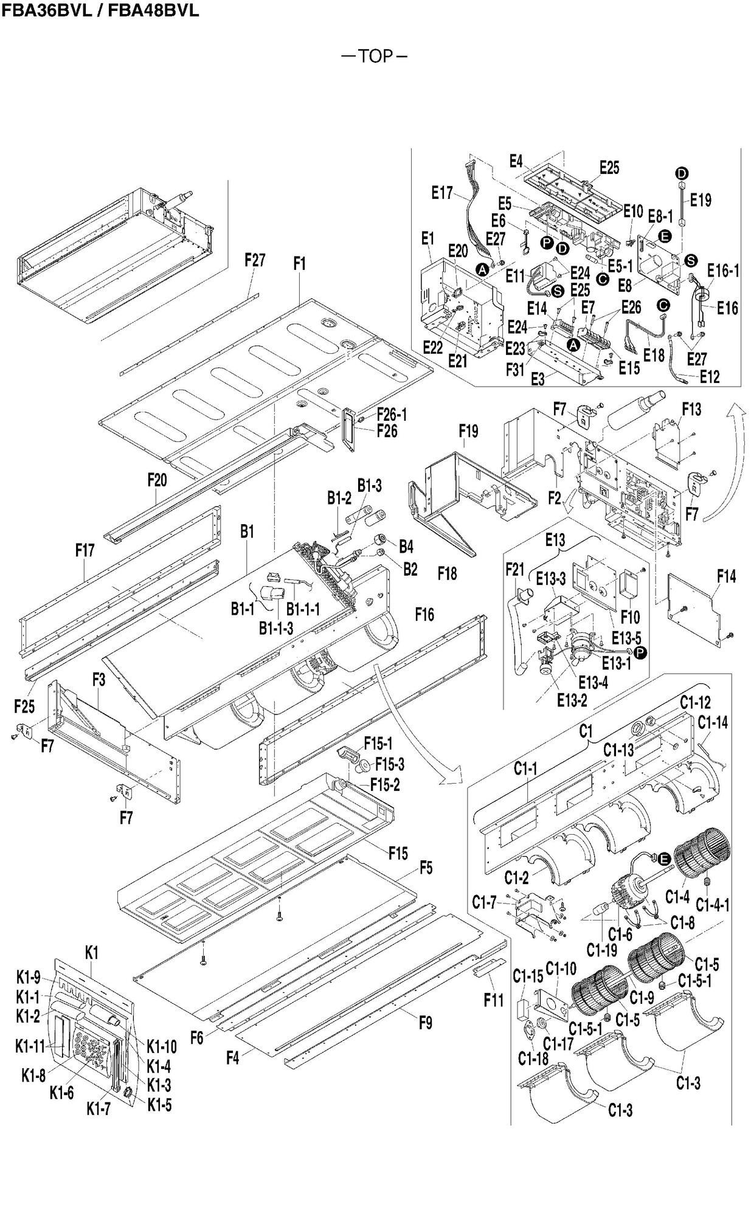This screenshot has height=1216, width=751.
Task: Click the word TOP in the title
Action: tap(375, 56)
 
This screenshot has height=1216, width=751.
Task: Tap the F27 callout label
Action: tap(255, 260)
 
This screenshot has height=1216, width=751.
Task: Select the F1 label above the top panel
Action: tap(299, 264)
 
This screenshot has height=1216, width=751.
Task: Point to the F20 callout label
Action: tap(157, 480)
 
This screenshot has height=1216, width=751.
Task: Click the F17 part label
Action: tap(85, 550)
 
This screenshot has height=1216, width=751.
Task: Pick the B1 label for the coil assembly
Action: tap(246, 531)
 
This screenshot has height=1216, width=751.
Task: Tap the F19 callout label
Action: tap(468, 431)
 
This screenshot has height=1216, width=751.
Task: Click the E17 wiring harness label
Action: tap(442, 193)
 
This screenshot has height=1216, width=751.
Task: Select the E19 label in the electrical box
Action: tap(701, 199)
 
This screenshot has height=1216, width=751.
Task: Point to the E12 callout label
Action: tap(709, 377)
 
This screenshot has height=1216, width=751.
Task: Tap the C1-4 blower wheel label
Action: tap(677, 896)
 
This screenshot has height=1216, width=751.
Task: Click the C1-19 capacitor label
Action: tap(601, 949)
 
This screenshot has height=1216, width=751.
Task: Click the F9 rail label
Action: tap(426, 1023)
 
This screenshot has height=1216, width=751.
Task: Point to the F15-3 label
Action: tap(389, 764)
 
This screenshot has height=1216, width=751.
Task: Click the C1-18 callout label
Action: tap(533, 1059)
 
